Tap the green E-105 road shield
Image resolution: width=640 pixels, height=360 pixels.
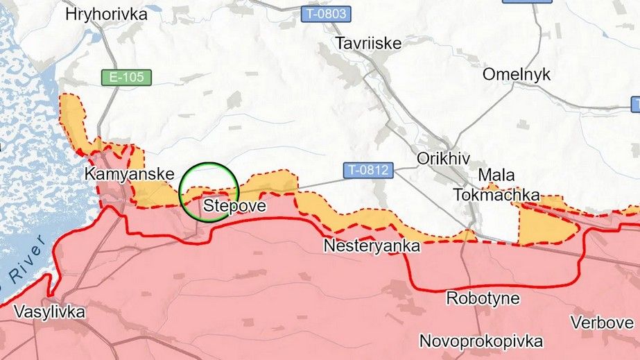point(126,77)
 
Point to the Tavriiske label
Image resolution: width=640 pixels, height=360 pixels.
point(369,43)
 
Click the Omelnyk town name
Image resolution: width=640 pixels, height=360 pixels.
point(517,74)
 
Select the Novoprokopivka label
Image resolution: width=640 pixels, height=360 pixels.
point(481,341)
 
